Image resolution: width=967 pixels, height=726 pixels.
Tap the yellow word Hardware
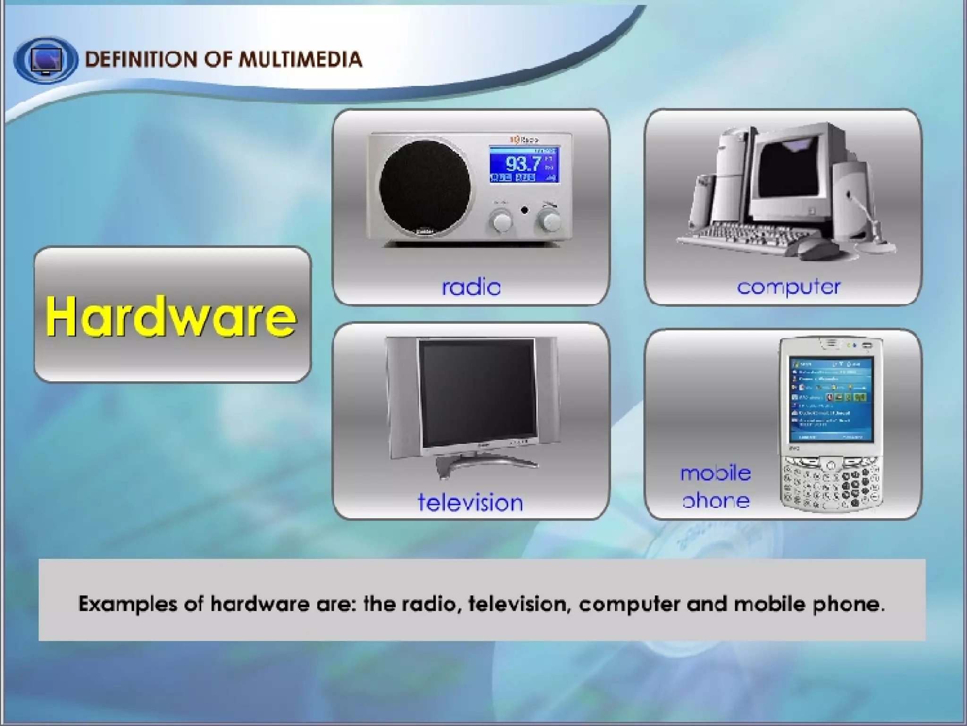tap(171, 316)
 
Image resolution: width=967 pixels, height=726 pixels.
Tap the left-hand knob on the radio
tap(501, 221)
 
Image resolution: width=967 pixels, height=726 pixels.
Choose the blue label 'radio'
tap(471, 287)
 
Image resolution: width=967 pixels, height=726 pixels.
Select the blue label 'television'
tap(471, 502)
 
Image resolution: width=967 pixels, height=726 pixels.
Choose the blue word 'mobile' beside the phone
tap(715, 473)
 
